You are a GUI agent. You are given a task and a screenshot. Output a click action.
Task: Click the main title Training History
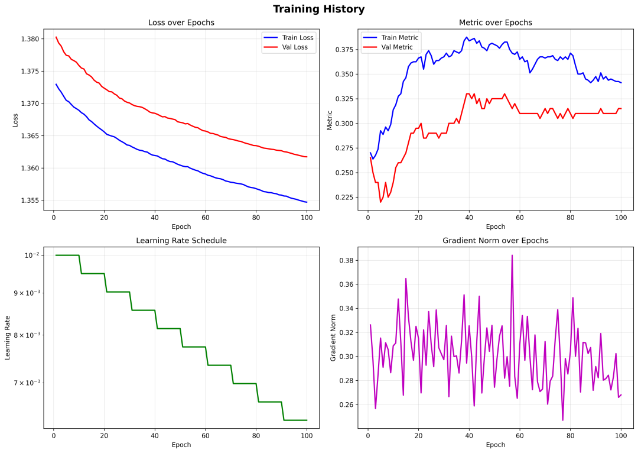(318, 9)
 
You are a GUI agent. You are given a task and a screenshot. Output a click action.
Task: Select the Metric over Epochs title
(495, 22)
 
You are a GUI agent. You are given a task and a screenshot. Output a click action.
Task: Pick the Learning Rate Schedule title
(181, 241)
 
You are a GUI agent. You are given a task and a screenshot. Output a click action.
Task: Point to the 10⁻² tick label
(31, 255)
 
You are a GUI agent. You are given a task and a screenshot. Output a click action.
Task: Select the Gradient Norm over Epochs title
(495, 241)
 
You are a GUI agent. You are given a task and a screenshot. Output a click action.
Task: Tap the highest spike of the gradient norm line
(512, 255)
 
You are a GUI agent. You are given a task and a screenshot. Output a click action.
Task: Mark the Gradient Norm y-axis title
(333, 337)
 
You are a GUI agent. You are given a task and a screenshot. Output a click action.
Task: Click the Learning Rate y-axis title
(8, 337)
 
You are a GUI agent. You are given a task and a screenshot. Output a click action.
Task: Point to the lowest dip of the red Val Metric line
(380, 202)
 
